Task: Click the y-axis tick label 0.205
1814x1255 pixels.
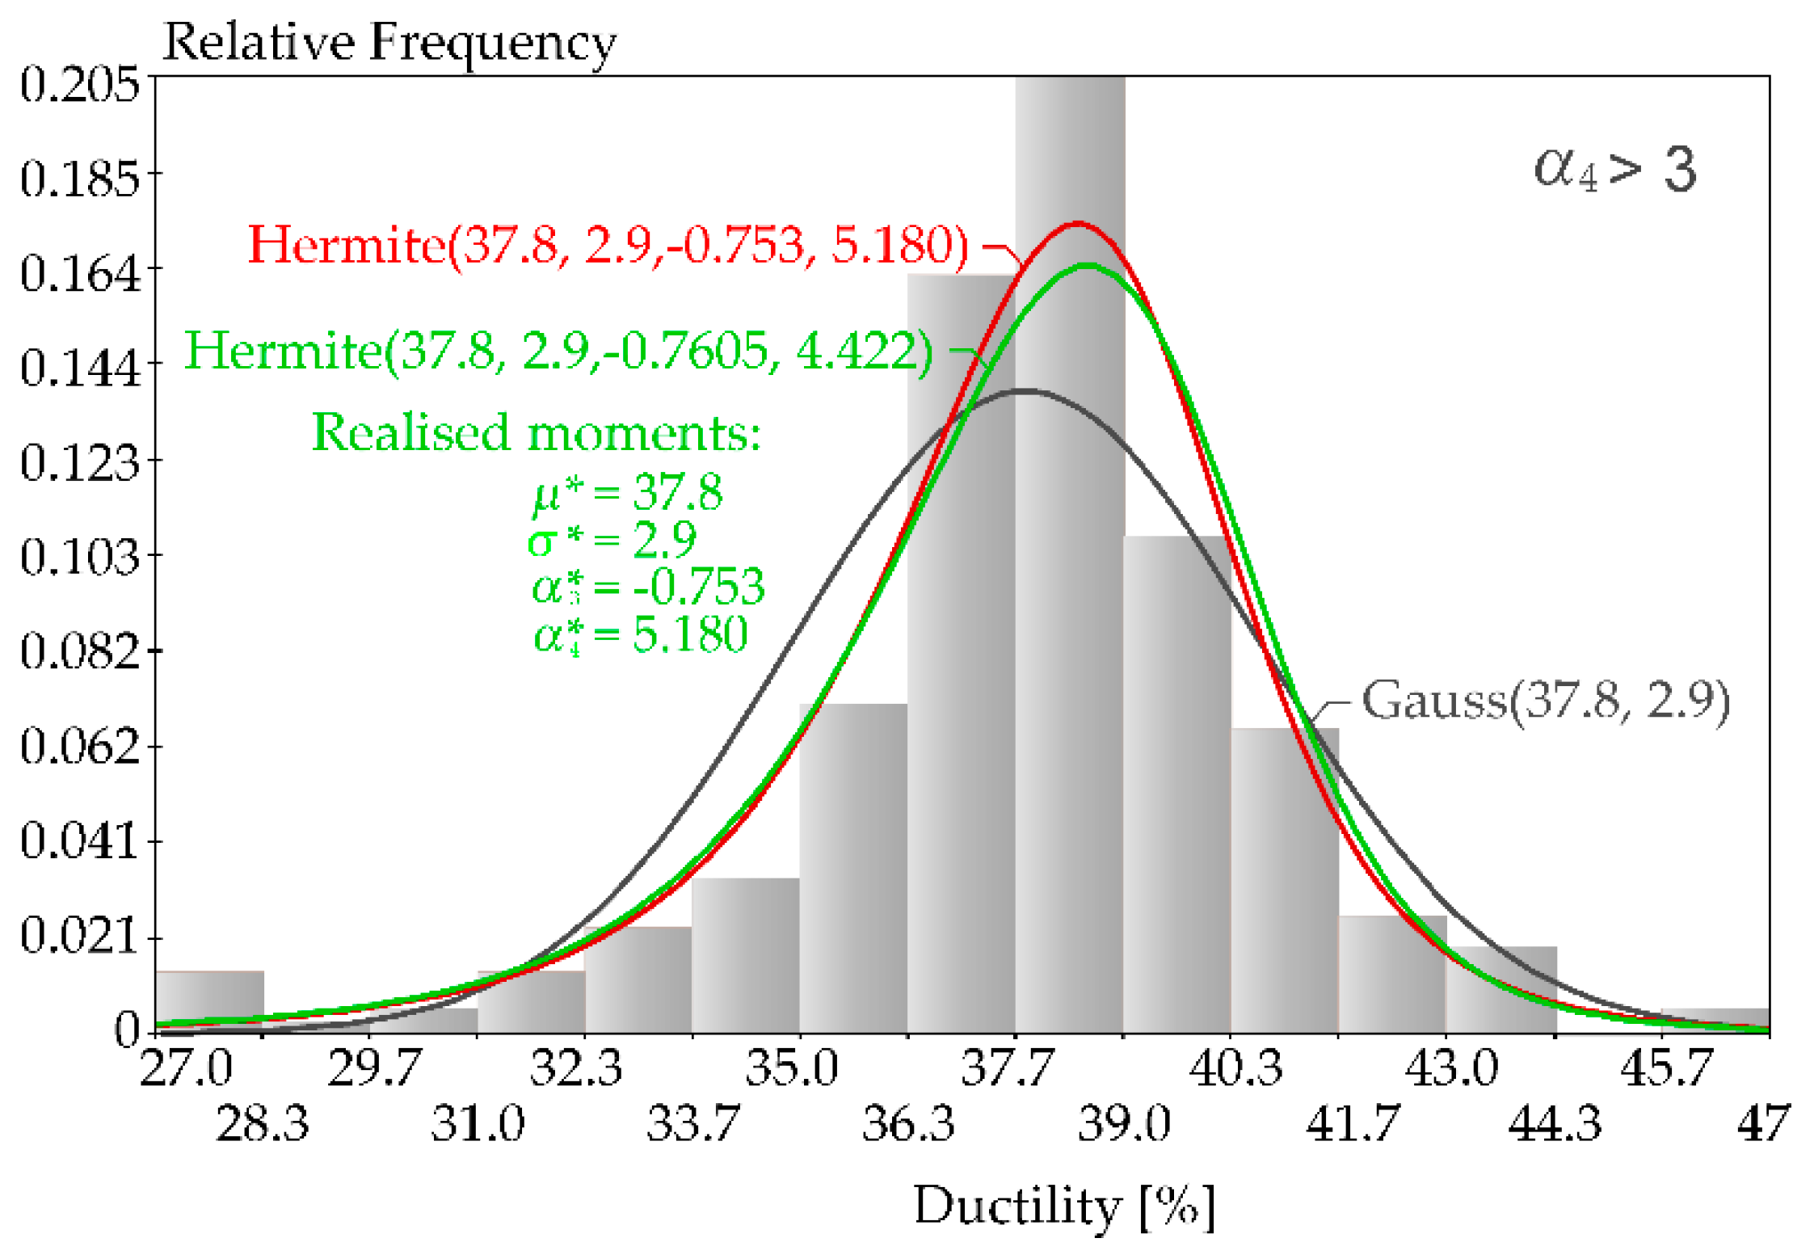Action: (79, 84)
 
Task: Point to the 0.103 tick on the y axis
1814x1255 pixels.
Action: (79, 557)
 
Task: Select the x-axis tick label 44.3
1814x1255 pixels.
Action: (1554, 1124)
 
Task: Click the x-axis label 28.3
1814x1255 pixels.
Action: (262, 1124)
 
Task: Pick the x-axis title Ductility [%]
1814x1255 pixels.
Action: (1063, 1207)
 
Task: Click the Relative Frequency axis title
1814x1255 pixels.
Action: (389, 42)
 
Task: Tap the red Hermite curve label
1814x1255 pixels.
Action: (608, 244)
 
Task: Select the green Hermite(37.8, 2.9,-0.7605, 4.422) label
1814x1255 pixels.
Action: (558, 352)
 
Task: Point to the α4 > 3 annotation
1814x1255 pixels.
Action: (1614, 170)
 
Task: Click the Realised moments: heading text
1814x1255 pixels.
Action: (537, 432)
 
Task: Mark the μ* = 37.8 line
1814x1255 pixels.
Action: (627, 491)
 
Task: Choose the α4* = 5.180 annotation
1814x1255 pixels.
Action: (640, 635)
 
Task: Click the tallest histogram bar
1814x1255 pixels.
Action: (1069, 566)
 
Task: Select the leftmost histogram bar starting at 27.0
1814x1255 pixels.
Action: (209, 1001)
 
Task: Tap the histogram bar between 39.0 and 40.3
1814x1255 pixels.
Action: (1176, 784)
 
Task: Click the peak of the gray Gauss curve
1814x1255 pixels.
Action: (1024, 391)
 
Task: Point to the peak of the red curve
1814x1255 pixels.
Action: (1077, 223)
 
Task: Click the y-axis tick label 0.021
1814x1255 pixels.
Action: (79, 936)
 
